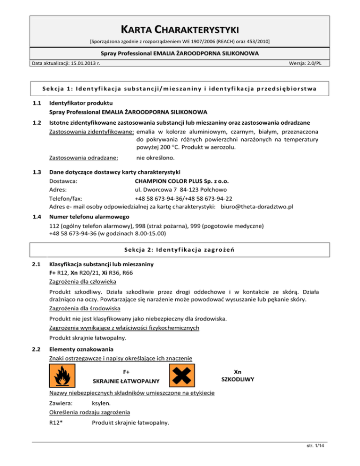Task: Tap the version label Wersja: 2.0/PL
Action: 309,63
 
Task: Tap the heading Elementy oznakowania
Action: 81,349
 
